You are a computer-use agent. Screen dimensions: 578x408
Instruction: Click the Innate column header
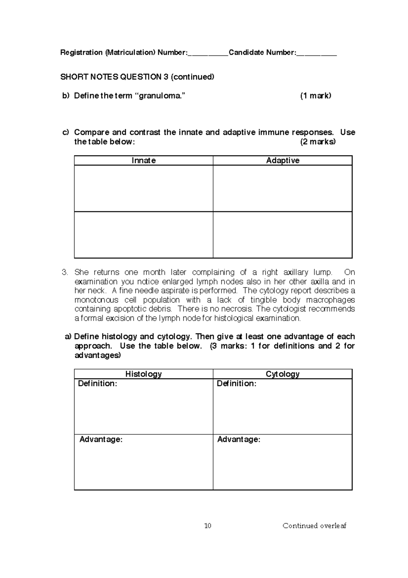click(x=143, y=160)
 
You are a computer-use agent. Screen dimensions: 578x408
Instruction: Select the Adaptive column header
click(x=283, y=160)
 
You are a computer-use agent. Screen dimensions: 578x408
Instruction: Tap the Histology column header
click(x=143, y=374)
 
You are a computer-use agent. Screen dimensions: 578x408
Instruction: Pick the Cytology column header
click(x=283, y=374)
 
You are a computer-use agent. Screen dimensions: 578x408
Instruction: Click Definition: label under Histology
click(x=98, y=384)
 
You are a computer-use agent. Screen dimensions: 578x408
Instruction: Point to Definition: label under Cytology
click(x=237, y=384)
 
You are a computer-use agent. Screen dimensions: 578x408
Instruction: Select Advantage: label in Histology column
click(x=101, y=439)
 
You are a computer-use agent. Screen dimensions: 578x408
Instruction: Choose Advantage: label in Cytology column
click(x=239, y=439)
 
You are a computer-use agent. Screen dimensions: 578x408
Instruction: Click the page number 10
click(x=208, y=526)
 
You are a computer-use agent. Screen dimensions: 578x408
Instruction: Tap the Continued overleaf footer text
click(x=314, y=526)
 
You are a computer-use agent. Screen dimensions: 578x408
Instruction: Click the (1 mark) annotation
click(x=316, y=96)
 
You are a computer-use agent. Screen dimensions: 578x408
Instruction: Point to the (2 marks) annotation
click(x=318, y=142)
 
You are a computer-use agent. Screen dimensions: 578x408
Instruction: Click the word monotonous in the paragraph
click(x=96, y=300)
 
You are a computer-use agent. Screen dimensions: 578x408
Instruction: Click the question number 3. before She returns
click(x=65, y=272)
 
